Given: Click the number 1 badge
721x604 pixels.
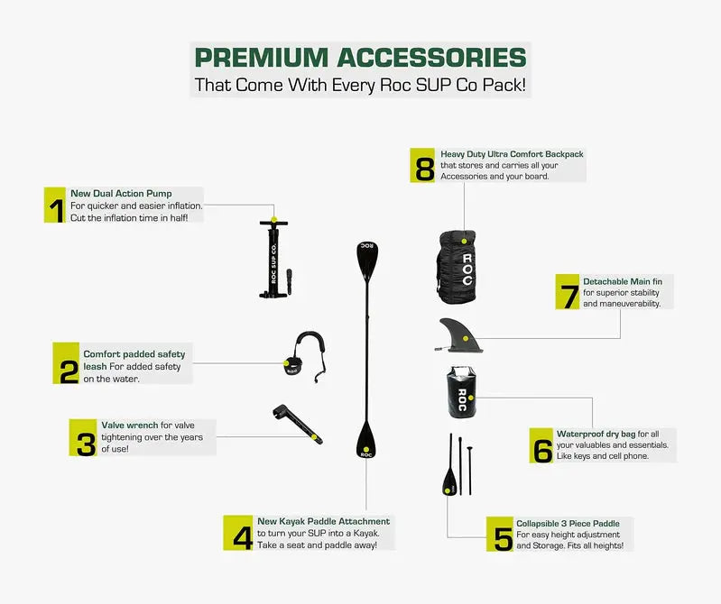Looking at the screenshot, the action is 55,205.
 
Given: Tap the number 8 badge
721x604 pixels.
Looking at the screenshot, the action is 422,165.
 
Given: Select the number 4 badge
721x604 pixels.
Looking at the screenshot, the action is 238,533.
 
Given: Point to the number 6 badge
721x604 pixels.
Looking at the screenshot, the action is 541,445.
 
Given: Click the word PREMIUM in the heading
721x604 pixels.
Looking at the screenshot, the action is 262,58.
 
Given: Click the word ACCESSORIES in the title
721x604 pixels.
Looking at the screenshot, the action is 431,58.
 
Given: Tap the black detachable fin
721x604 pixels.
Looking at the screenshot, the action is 458,335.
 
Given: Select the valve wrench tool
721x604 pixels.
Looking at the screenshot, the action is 297,424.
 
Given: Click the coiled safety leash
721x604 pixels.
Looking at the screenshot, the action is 306,357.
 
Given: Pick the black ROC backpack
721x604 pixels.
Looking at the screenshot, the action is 457,268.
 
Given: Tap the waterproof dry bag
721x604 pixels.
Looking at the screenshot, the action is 461,393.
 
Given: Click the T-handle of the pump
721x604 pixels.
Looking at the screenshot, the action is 273,224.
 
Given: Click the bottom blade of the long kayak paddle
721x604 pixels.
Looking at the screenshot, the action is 366,440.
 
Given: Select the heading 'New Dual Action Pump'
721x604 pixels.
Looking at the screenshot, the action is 121,194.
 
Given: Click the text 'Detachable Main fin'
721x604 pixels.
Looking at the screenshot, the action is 623,281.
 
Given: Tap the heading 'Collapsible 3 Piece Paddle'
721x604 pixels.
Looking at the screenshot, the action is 568,523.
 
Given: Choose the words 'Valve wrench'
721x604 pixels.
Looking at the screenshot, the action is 130,425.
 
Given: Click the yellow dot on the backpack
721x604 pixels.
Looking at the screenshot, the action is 465,241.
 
